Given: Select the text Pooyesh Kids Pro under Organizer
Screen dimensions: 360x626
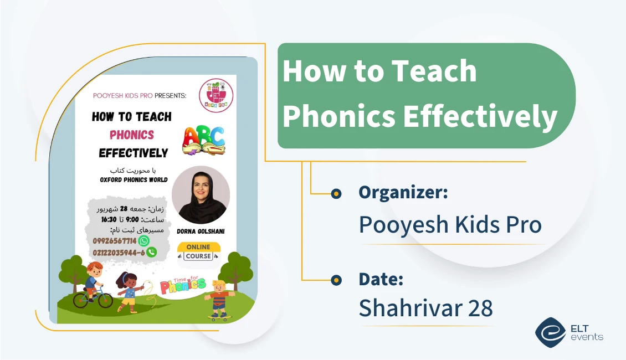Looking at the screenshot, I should [x=450, y=224].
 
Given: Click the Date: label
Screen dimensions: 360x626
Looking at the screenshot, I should [x=381, y=279].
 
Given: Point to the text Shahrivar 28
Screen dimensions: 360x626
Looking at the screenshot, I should [x=425, y=308].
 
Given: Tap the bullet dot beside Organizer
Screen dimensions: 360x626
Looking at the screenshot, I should [x=336, y=193].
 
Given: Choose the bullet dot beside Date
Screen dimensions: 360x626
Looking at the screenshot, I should [x=336, y=280].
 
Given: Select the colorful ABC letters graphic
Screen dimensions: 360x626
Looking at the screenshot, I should [x=204, y=140].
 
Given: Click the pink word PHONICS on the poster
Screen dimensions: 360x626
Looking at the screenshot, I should [x=132, y=135].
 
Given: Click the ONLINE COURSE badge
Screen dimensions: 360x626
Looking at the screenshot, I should [x=198, y=251].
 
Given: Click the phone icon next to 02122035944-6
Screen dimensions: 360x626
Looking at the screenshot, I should [x=151, y=252].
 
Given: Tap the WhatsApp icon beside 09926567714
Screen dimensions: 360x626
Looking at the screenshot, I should [x=143, y=241].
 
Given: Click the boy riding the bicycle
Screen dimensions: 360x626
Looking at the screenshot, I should [x=93, y=285].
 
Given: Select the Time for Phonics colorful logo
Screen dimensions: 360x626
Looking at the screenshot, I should [x=182, y=285].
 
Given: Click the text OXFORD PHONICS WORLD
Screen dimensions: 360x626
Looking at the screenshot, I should [x=134, y=180].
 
